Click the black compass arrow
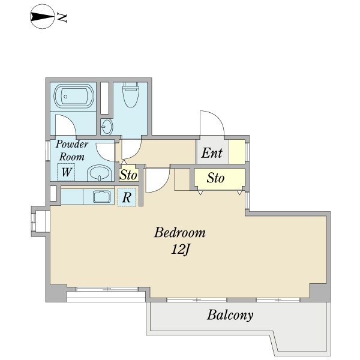(42, 17)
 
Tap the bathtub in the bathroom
(74, 96)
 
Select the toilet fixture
(130, 95)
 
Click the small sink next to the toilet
(107, 127)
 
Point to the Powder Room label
(72, 151)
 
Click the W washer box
(66, 172)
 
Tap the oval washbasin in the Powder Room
(100, 173)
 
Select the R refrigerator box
(127, 197)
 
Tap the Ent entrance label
(212, 153)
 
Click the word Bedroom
(179, 233)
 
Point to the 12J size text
(180, 250)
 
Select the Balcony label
(230, 315)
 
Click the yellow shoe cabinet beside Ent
(237, 152)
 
